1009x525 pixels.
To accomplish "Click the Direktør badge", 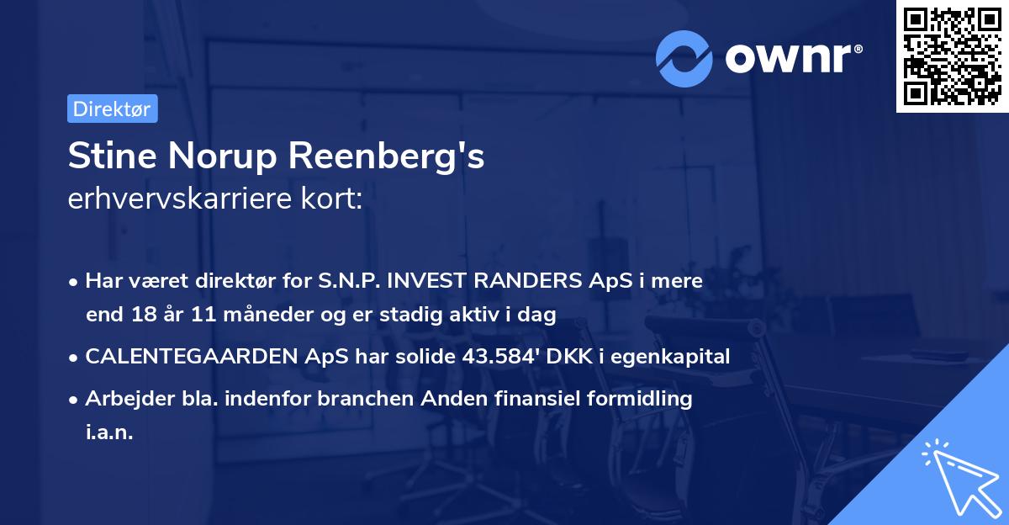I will (112, 109).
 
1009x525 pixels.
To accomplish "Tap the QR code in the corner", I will (952, 56).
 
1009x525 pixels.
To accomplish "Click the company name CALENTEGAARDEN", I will (190, 356).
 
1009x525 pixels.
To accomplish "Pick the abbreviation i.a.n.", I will (109, 433).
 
